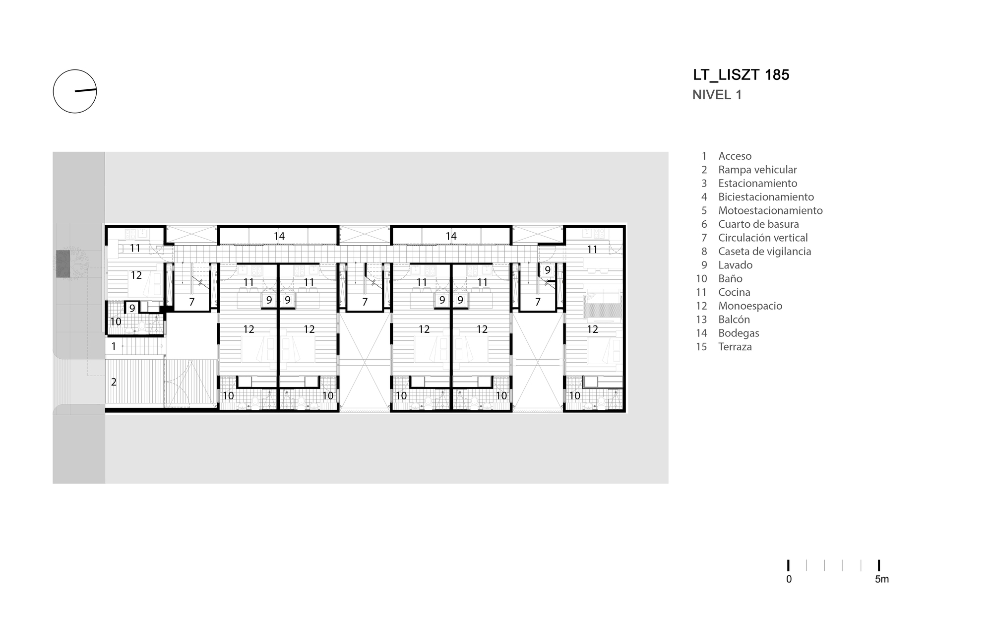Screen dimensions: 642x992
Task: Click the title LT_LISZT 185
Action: [741, 75]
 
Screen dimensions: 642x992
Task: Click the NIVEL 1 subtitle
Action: [717, 95]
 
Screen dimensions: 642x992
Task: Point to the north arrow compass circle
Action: [75, 91]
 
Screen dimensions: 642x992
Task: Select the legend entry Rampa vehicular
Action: [757, 170]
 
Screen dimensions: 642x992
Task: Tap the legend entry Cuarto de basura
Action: [758, 224]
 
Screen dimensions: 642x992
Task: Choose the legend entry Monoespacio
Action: [750, 306]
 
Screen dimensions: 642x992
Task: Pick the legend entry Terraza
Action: [735, 347]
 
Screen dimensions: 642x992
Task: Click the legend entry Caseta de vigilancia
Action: [764, 252]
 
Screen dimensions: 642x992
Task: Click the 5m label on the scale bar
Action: [881, 579]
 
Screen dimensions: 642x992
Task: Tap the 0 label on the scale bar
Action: [789, 579]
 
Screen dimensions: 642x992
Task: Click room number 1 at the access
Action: [114, 346]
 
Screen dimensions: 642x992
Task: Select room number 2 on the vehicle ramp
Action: [114, 382]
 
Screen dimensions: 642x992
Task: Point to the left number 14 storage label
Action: [279, 236]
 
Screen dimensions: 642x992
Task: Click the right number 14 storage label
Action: [451, 236]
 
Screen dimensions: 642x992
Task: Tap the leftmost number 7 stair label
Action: [191, 302]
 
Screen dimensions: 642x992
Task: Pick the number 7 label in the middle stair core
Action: [365, 302]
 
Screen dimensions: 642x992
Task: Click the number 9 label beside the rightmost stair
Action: [548, 270]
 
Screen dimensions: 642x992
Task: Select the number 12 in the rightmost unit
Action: [592, 329]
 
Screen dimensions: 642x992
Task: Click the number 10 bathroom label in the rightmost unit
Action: [574, 396]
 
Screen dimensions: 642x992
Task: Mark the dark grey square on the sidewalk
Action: [62, 264]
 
